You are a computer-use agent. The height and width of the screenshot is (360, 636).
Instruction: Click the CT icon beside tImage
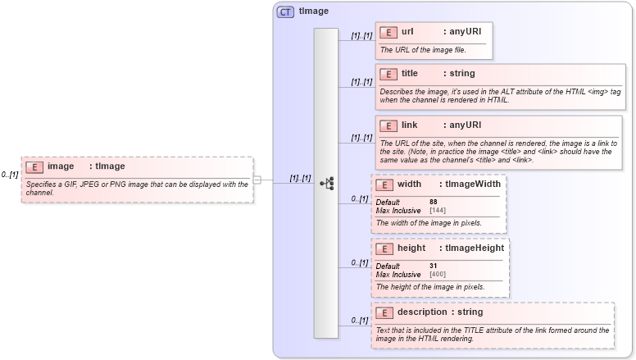point(285,11)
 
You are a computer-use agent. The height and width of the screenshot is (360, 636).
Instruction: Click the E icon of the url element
point(388,33)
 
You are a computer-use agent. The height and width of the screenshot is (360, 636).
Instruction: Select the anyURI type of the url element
point(462,32)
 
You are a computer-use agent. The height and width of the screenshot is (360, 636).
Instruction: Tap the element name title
point(410,74)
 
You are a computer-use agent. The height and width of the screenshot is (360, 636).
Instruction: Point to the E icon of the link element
point(388,125)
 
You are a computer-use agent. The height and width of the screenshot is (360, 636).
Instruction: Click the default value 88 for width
point(433,202)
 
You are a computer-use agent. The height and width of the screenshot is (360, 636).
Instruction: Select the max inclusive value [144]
point(438,211)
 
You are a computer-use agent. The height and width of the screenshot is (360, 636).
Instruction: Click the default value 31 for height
point(433,266)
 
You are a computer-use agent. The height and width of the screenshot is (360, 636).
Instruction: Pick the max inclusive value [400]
point(438,274)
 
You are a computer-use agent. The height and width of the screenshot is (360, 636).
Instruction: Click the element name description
point(422,312)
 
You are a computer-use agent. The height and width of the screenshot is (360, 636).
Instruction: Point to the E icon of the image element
point(34,166)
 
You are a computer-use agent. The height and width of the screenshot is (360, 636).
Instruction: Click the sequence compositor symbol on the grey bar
point(326,183)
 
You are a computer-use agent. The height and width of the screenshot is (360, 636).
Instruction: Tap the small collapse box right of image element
point(257,180)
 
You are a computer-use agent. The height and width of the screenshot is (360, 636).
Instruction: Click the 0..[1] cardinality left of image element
point(10,175)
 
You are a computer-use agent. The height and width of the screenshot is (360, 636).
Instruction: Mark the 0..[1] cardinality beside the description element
point(359,321)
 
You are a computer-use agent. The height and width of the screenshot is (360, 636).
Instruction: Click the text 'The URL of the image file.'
point(422,50)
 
